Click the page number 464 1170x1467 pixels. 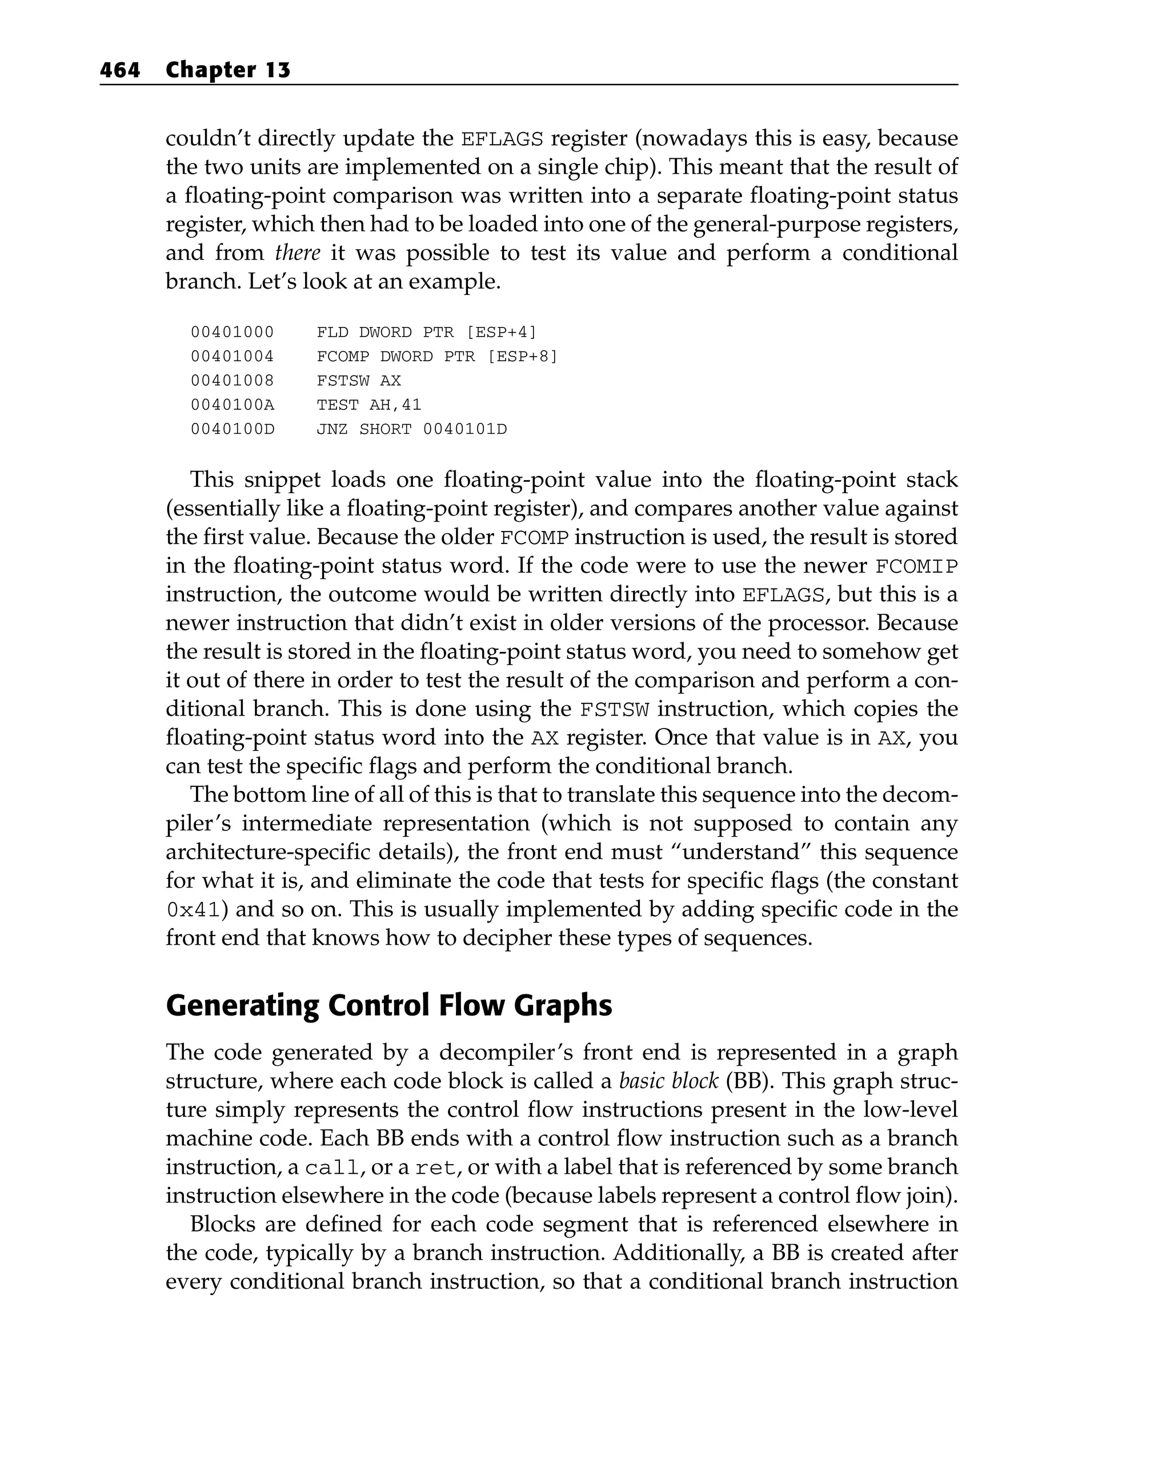click(x=120, y=70)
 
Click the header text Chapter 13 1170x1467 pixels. click(x=228, y=70)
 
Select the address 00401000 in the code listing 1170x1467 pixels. click(x=232, y=332)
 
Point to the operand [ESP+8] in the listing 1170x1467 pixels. click(x=522, y=357)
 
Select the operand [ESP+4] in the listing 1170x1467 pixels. click(x=500, y=332)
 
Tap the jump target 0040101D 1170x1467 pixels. click(x=464, y=429)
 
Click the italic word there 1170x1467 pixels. click(x=297, y=253)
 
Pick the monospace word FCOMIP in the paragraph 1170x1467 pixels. click(x=916, y=566)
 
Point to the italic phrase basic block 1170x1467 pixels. click(x=668, y=1081)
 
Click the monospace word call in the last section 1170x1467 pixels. click(x=331, y=1168)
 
